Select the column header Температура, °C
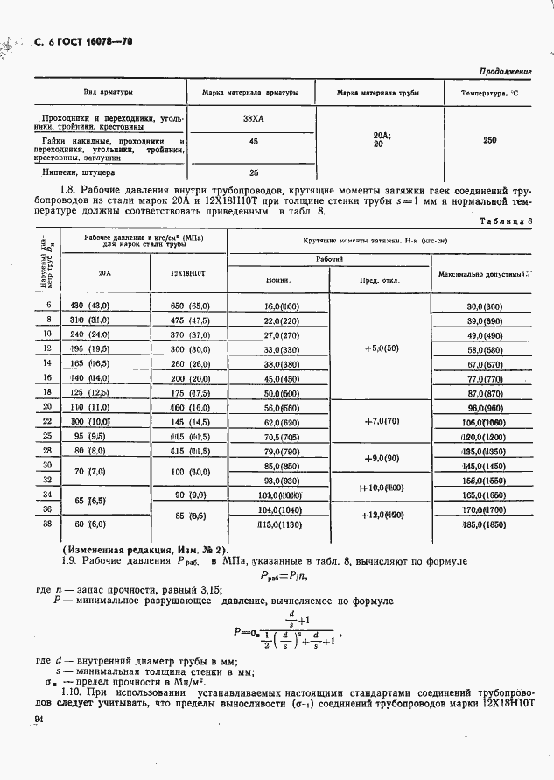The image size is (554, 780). (x=490, y=92)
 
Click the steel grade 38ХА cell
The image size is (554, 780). (x=254, y=117)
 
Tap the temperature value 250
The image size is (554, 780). (x=490, y=139)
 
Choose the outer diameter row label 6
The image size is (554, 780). (x=48, y=305)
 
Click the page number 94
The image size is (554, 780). (x=39, y=720)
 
